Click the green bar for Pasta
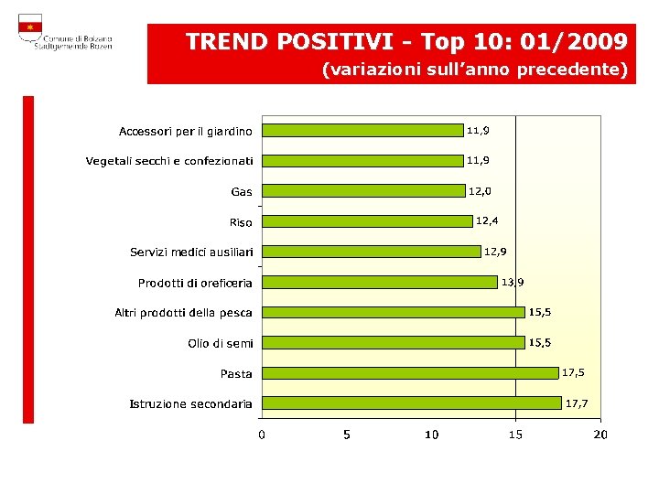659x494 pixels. (x=409, y=373)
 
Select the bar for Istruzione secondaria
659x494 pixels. (x=411, y=403)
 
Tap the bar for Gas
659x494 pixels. (x=363, y=191)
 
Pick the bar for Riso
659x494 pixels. (x=367, y=221)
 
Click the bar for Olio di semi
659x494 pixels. (x=393, y=342)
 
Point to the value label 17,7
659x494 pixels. (x=577, y=403)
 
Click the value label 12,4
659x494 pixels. (x=487, y=220)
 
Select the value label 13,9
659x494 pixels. (x=513, y=282)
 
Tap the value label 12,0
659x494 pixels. (x=480, y=191)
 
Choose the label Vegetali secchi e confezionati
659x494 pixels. (x=169, y=161)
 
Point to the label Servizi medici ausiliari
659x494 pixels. (x=191, y=252)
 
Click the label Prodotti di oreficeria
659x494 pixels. (x=195, y=283)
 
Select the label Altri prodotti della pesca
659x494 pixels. (x=183, y=313)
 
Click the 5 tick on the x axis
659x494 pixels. (x=346, y=435)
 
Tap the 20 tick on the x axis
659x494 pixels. (x=600, y=435)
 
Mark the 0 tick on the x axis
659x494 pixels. (x=262, y=435)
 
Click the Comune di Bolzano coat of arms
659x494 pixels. (x=30, y=28)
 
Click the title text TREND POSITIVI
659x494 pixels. (x=290, y=42)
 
